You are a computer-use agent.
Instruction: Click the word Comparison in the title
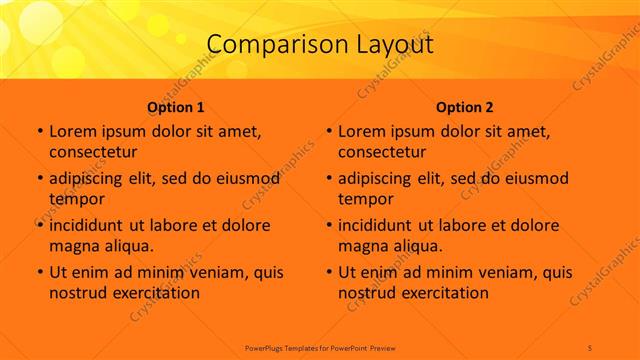click(267, 45)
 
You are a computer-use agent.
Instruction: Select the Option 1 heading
click(176, 107)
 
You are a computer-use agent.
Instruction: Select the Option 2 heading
click(465, 107)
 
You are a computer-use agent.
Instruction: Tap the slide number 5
click(590, 346)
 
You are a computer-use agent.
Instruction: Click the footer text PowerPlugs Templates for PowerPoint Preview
click(319, 346)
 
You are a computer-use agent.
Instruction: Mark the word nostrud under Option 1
click(76, 293)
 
